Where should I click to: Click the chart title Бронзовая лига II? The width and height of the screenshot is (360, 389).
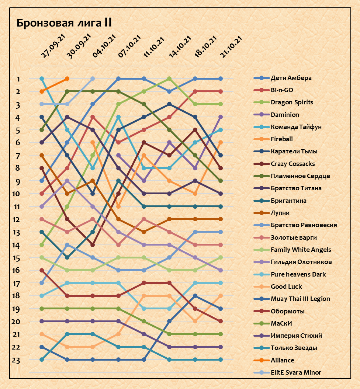[x=64, y=23]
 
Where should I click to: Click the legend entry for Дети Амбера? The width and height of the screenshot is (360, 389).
[x=291, y=78]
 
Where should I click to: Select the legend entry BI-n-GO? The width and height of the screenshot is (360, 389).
[x=282, y=90]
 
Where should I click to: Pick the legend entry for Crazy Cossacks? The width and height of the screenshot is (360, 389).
[x=292, y=164]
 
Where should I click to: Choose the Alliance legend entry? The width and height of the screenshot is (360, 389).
[x=282, y=360]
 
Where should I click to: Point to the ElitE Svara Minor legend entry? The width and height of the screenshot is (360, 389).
[x=296, y=372]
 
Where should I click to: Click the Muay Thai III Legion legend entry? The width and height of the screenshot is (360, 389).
[x=300, y=299]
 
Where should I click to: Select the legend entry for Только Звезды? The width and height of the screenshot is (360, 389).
[x=294, y=348]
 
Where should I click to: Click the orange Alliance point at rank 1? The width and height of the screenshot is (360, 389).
[x=67, y=79]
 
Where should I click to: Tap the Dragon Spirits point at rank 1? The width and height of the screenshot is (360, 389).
[x=169, y=79]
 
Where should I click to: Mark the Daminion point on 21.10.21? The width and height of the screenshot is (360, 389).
[x=221, y=117]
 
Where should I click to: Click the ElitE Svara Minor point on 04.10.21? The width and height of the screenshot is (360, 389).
[x=93, y=79]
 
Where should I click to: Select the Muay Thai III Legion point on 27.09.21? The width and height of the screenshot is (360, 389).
[x=42, y=347]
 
